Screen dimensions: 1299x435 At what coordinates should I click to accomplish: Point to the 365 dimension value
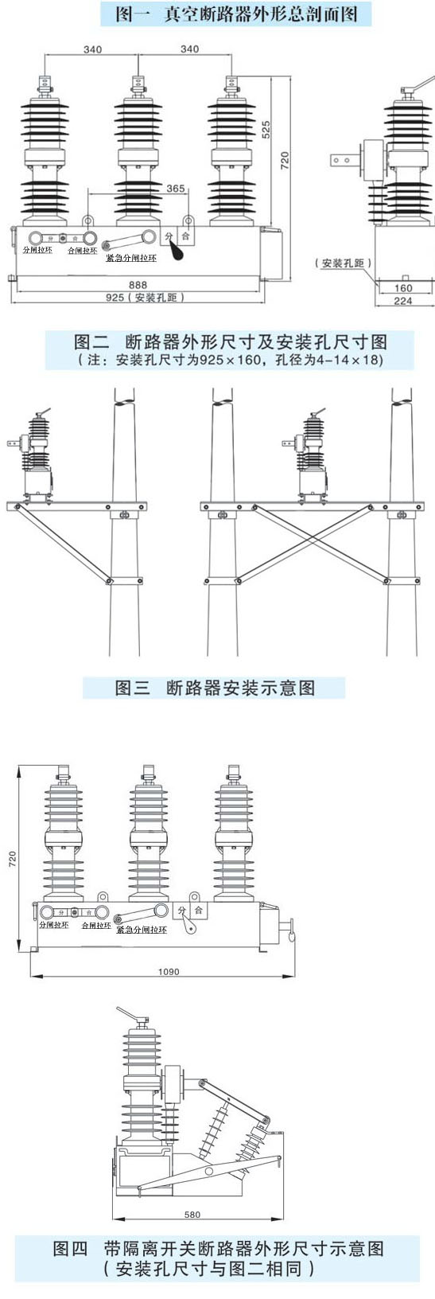point(176,189)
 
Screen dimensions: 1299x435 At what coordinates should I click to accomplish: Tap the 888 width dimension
point(138,284)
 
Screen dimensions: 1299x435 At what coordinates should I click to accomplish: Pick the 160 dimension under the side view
point(403,288)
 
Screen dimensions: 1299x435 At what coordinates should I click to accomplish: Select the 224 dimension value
point(403,301)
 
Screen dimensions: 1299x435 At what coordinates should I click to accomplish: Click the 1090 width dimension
point(169,971)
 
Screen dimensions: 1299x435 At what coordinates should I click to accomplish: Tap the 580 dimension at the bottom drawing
point(192,1215)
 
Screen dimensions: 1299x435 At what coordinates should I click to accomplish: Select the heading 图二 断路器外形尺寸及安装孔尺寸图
point(231,342)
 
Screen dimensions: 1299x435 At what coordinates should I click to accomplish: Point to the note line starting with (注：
point(231,360)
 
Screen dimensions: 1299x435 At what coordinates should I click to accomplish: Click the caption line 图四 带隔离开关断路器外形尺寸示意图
point(219,1248)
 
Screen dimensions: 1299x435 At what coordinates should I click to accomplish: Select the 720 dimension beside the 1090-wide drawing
point(13,859)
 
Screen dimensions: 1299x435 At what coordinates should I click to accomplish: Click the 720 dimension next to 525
point(285,159)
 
